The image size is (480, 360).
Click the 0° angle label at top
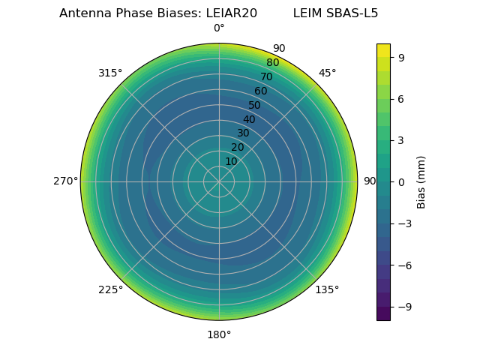219,28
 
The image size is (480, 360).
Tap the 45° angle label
327,73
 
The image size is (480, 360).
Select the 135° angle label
327,289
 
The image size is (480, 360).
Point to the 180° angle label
219,334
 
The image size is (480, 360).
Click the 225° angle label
110,289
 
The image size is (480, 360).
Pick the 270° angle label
66,181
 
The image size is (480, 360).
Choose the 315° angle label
110,73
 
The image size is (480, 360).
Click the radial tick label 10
231,161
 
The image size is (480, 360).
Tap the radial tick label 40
249,119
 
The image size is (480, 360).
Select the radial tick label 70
266,77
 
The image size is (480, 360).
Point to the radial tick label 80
272,63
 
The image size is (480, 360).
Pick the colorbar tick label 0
402,181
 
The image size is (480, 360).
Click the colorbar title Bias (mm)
421,181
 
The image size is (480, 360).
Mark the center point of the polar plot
219,181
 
